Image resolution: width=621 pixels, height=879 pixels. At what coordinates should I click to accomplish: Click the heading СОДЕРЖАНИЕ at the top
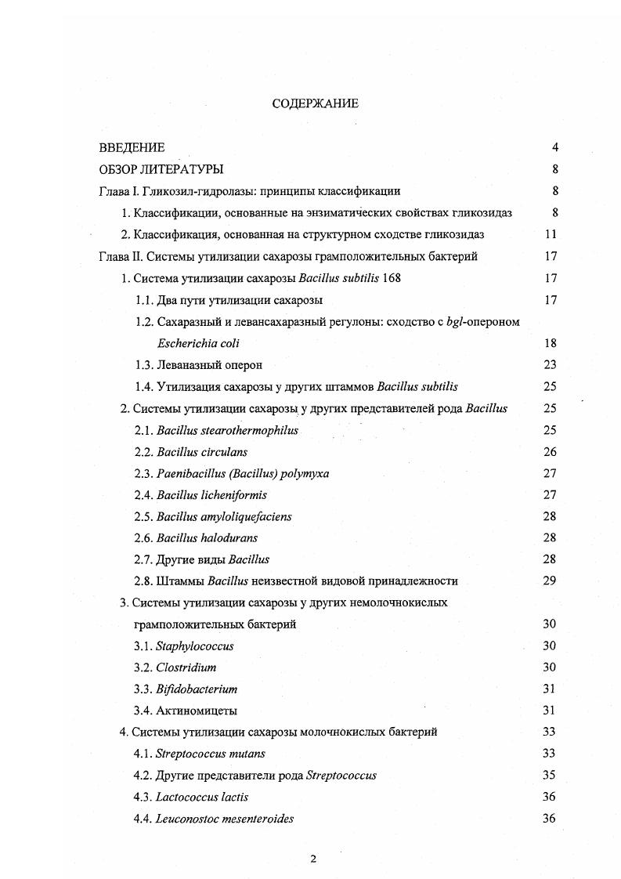point(315,103)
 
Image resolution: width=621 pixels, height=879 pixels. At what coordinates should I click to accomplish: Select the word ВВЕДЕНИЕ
point(132,147)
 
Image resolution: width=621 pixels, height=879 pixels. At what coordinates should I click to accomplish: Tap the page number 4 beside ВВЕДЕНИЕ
point(554,147)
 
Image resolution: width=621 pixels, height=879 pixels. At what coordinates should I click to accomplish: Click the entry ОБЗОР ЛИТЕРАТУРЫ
point(161,169)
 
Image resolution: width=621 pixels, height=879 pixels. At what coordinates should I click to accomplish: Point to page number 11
point(551,234)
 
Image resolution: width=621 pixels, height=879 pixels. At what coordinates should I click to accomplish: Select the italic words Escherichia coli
point(198,343)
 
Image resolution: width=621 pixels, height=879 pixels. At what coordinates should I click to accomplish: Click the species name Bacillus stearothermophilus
point(227,430)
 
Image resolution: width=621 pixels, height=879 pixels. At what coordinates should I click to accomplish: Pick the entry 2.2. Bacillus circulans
point(191,452)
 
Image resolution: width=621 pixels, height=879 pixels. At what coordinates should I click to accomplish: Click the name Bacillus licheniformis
point(211,495)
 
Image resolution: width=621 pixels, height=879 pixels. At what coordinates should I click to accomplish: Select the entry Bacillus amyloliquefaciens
point(224,517)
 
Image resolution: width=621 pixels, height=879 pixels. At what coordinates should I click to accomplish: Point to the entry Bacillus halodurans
point(207,538)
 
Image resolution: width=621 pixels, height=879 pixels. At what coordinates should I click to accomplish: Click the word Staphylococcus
point(195,646)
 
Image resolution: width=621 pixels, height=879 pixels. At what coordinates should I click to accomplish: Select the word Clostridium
point(186,667)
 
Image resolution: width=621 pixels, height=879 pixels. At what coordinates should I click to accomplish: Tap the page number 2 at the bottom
point(313,859)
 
